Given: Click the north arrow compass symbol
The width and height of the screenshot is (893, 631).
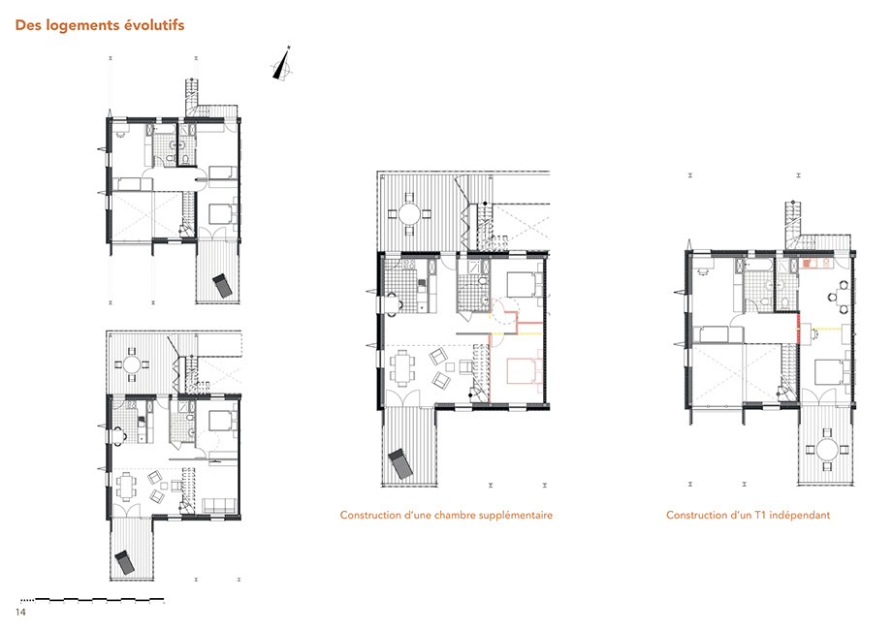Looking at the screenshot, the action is [282, 64].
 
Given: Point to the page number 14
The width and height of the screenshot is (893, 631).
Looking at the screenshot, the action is [21, 613].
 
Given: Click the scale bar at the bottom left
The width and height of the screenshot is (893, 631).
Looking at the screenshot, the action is [92, 600].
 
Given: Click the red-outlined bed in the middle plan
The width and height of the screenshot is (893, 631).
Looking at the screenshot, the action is [524, 370].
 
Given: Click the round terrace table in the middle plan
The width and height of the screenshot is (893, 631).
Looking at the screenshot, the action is [409, 214].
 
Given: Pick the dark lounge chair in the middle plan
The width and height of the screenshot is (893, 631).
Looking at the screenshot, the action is [401, 464].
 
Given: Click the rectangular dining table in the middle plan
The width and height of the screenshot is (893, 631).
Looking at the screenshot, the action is [402, 368].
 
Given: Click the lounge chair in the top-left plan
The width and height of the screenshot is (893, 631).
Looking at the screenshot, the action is [222, 285].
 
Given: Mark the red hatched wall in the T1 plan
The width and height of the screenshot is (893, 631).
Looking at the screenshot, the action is [798, 330].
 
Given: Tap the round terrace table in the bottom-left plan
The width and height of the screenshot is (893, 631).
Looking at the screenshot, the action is [132, 363].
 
